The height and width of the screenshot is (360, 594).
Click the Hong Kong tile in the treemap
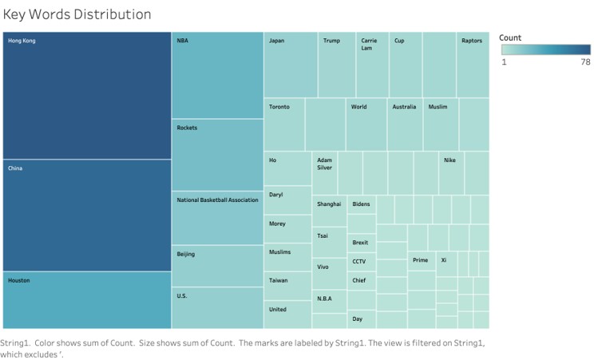[x=86, y=96]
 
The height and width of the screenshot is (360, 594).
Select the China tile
[x=86, y=216]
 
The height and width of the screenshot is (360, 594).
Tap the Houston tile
[x=86, y=300]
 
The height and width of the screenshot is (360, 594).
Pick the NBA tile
[x=217, y=76]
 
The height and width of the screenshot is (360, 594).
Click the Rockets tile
[x=217, y=156]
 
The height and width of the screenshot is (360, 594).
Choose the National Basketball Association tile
[x=217, y=218]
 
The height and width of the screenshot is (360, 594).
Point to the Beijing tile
[x=217, y=266]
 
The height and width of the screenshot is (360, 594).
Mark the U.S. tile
[x=217, y=308]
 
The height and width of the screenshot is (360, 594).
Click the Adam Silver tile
[x=324, y=173]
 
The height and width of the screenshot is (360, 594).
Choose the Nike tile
[x=451, y=173]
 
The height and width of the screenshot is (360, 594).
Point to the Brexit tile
[x=361, y=243]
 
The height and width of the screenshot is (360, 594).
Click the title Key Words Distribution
[x=77, y=14]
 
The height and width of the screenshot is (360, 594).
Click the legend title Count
[x=510, y=38]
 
